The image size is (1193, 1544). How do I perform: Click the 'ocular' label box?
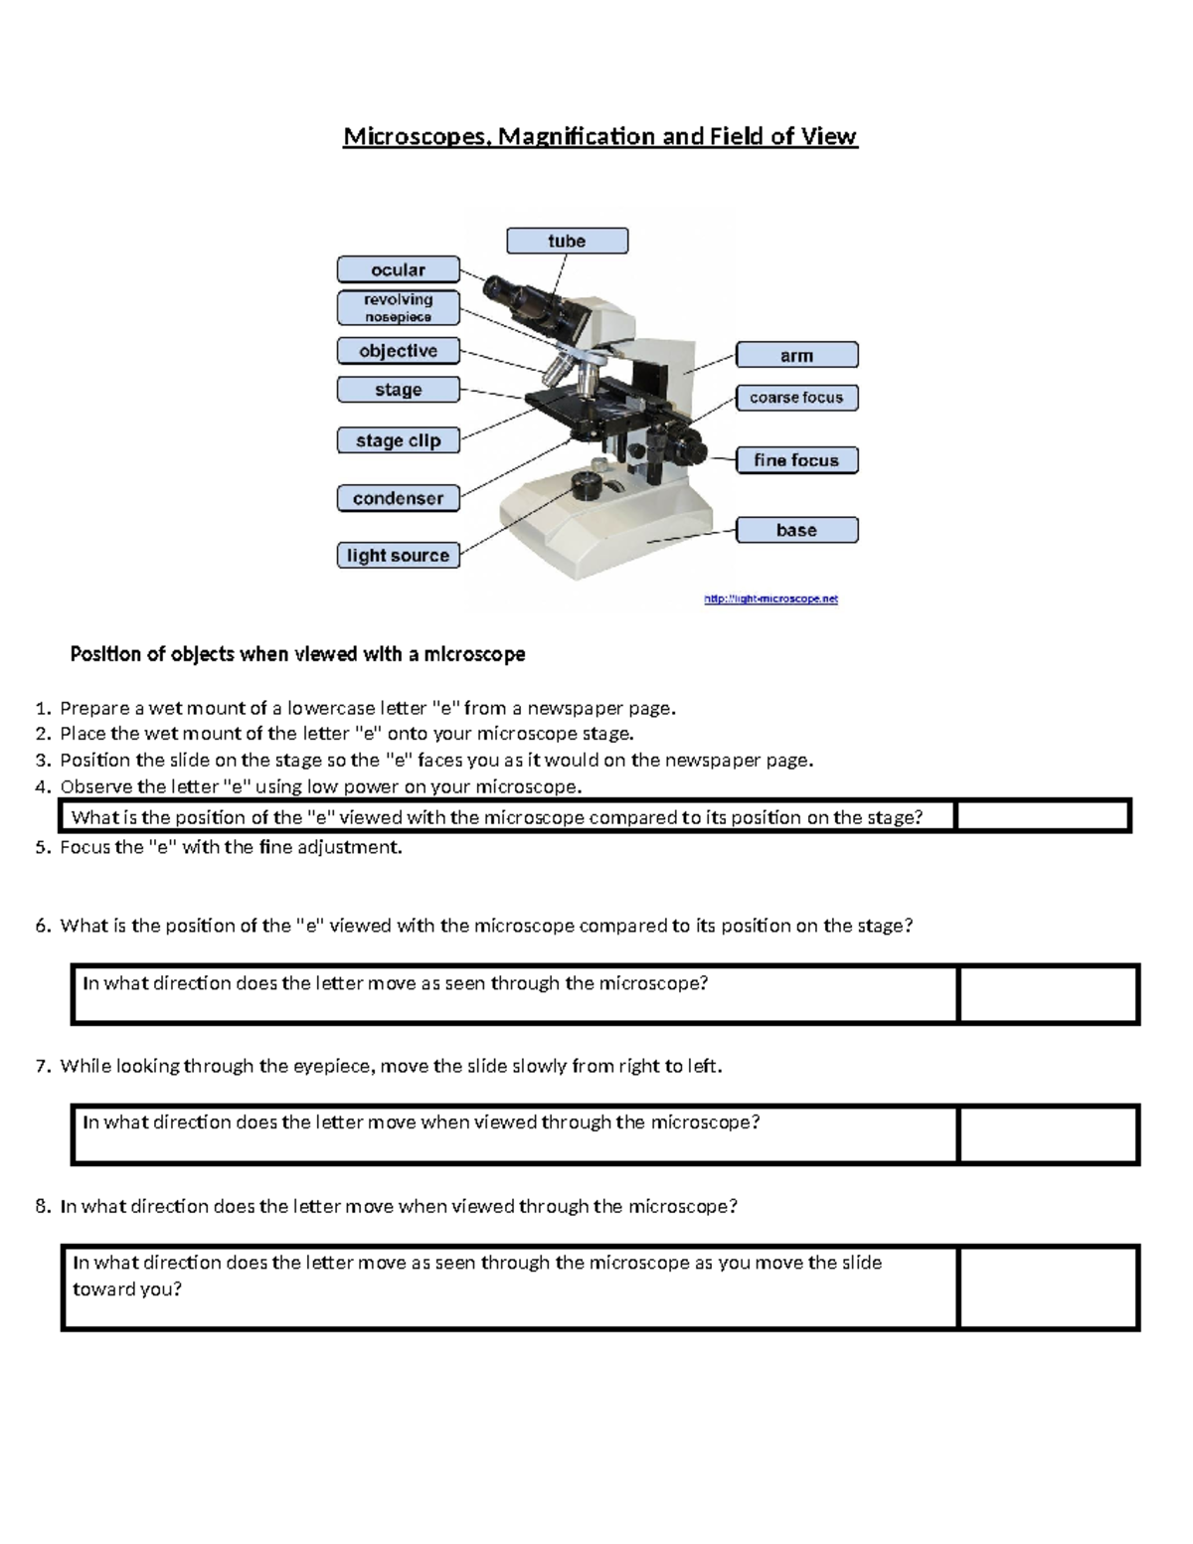398,269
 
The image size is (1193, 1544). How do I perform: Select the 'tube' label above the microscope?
567,241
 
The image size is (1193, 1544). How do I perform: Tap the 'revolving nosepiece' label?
398,307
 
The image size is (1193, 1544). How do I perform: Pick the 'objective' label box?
398,351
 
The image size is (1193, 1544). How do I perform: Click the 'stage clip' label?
398,440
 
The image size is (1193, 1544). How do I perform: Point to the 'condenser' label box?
398,498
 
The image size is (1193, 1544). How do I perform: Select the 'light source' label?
398,555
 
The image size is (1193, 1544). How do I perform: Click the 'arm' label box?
796,355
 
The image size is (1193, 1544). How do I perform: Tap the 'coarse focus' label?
796,398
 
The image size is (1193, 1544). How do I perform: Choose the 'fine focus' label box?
796,460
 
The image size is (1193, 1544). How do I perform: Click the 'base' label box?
796,530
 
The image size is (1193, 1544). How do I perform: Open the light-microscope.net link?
770,599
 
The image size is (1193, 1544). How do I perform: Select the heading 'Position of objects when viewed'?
297,654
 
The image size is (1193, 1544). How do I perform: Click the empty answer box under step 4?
1042,816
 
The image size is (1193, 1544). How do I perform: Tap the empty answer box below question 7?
1048,1133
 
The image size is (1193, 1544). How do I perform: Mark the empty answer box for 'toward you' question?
1048,1287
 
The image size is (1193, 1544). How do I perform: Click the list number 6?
42,926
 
